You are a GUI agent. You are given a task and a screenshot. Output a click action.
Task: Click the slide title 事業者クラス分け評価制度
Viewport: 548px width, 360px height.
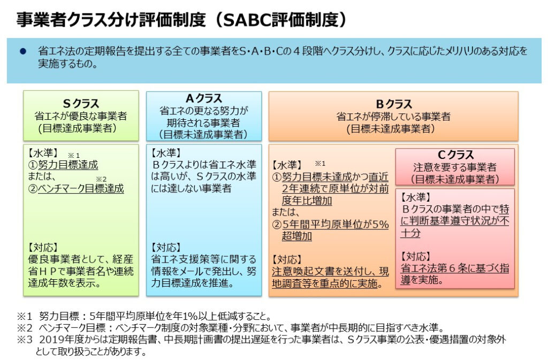click(x=111, y=20)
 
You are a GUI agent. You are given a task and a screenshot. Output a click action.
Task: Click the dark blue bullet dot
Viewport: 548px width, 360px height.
click(x=23, y=51)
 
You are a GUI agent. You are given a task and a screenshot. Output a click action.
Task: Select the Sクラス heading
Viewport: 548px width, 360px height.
click(x=81, y=104)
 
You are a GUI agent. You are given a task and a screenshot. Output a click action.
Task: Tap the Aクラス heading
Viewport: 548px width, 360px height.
click(x=204, y=98)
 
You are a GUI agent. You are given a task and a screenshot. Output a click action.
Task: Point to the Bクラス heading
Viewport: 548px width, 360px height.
click(x=393, y=104)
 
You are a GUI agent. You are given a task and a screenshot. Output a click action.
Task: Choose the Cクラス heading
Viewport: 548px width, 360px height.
click(x=455, y=155)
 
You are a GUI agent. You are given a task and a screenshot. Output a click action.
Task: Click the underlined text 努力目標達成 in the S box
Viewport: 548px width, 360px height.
click(x=68, y=165)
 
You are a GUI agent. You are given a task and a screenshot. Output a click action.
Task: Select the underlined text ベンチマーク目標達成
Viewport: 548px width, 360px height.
click(x=81, y=188)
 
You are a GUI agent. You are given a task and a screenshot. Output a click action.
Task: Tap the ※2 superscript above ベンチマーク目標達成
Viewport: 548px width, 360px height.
click(x=101, y=179)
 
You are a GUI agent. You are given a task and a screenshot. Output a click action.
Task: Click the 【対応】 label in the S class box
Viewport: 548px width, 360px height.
click(x=43, y=248)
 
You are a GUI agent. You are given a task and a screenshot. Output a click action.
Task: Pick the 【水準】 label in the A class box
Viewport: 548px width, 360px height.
click(x=166, y=153)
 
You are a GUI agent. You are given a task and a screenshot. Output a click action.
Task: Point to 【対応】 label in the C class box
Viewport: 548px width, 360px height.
click(x=415, y=256)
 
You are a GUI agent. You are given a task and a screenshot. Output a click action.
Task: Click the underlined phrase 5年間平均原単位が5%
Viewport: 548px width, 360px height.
click(x=336, y=224)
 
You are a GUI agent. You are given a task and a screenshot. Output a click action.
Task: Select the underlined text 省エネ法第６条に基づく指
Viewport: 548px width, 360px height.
click(x=455, y=268)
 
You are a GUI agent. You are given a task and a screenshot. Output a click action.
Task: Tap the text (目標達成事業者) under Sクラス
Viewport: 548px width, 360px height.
click(x=77, y=128)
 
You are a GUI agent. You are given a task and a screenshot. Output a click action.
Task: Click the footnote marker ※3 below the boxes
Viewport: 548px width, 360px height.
click(x=25, y=339)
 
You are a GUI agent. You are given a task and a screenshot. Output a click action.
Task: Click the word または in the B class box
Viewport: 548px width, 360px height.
click(x=286, y=212)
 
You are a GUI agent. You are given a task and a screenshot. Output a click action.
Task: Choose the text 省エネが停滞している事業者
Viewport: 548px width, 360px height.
click(x=393, y=117)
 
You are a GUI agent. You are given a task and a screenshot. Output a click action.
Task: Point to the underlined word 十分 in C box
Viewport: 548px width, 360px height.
click(x=410, y=233)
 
